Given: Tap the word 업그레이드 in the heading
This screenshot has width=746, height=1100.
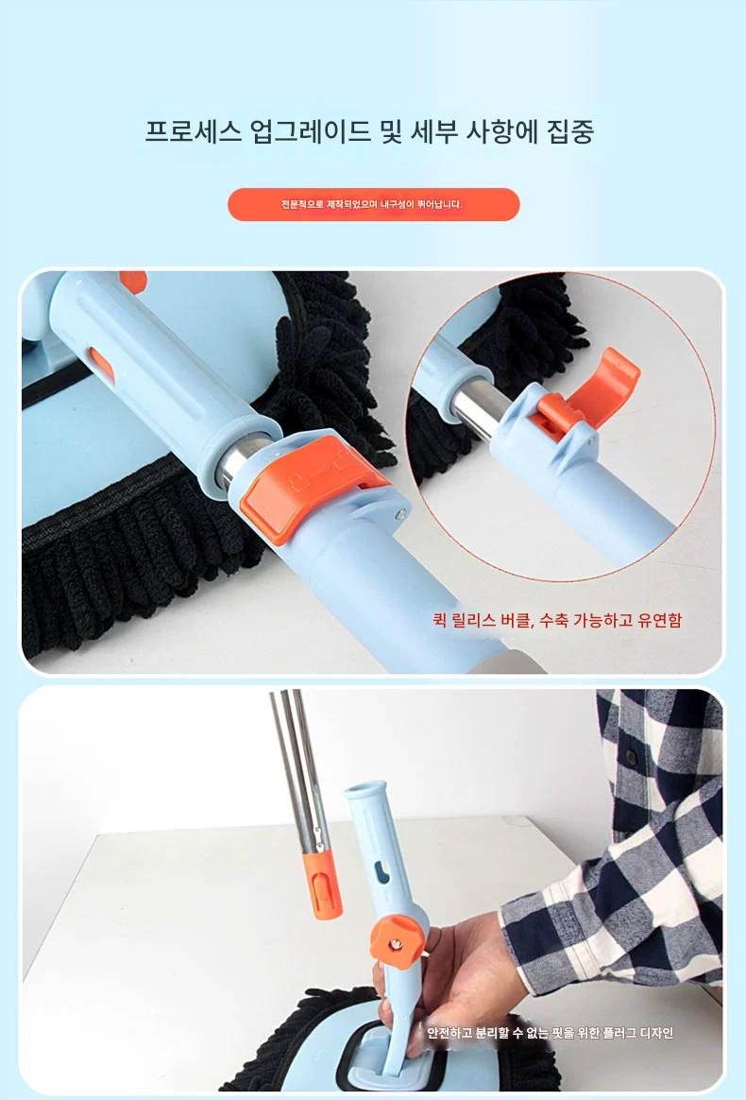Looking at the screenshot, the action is pos(311,131).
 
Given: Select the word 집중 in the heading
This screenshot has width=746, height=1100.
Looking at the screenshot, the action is pos(570,131).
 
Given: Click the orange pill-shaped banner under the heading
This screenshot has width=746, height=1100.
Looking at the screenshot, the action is pos(374,204).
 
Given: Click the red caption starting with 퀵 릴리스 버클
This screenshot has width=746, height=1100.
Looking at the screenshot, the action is pos(557,620).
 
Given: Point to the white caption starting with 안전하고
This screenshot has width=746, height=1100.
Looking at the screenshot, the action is pos(551,1033).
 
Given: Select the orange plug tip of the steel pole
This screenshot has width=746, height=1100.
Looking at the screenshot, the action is pos(324,883).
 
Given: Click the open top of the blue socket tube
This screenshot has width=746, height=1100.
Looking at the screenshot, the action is pos(365,790).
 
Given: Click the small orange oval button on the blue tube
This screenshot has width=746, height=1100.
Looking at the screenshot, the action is pos(102,364).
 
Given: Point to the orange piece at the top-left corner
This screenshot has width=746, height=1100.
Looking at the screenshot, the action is pos(133,281).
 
